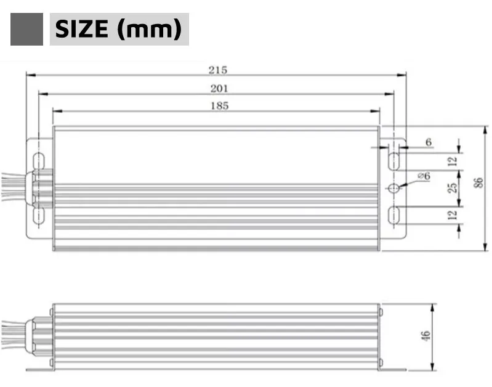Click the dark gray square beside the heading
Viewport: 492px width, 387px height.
click(26, 29)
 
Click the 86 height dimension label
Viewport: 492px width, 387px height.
click(478, 184)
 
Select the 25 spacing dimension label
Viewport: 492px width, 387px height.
click(452, 187)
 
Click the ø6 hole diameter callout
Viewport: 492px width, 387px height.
click(424, 176)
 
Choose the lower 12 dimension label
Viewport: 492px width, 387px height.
click(452, 214)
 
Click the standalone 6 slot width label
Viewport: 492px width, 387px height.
click(429, 142)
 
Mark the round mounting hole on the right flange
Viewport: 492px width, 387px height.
click(393, 188)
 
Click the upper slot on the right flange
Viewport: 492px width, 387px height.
click(393, 161)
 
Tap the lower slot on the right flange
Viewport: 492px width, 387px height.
click(393, 215)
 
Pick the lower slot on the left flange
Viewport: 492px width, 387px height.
click(37, 215)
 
